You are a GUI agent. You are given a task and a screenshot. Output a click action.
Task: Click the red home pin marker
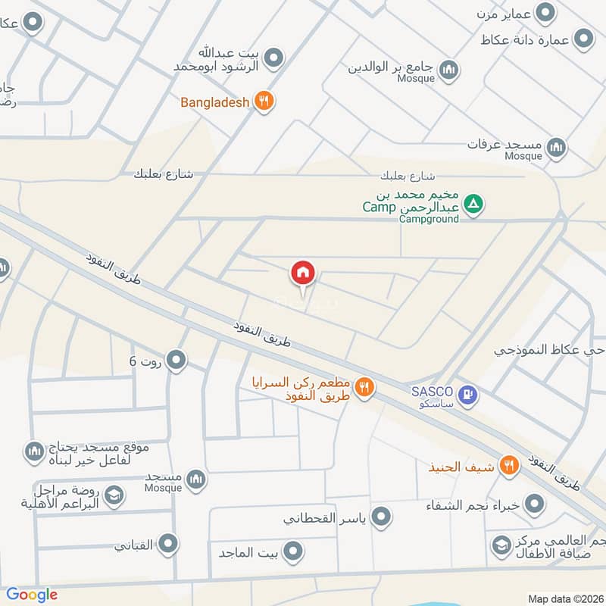point(303,273)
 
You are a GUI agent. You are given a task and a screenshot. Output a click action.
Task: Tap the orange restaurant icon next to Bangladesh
point(263,101)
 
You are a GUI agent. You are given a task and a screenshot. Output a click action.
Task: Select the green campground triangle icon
point(473,205)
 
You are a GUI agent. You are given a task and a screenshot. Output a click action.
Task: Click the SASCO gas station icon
point(469,394)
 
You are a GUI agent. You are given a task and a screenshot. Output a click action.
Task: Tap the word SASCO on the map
point(432,391)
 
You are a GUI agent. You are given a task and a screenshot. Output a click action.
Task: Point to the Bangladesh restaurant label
point(214,102)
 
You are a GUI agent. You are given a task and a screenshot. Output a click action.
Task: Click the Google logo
point(32,595)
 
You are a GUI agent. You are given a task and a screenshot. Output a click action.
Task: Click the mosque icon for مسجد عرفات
point(557,146)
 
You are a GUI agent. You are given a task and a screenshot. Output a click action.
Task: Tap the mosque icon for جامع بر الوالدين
point(450,70)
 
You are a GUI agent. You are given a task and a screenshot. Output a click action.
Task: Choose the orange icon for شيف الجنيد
point(509,467)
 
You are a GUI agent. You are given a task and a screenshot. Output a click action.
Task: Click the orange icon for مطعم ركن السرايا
point(364,387)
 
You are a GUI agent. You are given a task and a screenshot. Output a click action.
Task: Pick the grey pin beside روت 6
point(176,361)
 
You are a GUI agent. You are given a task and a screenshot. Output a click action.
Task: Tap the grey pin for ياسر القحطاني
point(382,517)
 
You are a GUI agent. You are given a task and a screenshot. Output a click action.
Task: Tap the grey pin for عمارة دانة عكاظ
point(583,38)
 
